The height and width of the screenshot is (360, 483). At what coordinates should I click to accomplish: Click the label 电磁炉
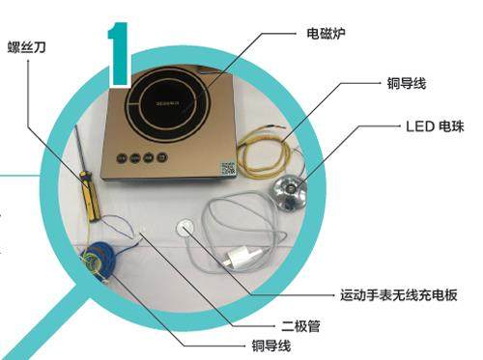pyautogui.click(x=326, y=34)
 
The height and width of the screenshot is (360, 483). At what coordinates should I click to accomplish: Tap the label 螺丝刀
pyautogui.click(x=26, y=47)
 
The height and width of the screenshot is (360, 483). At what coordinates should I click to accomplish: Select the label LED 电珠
pyautogui.click(x=435, y=126)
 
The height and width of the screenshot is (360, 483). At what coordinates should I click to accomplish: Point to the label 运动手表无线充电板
pyautogui.click(x=399, y=294)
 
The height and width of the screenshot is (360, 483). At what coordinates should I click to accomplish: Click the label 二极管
pyautogui.click(x=300, y=326)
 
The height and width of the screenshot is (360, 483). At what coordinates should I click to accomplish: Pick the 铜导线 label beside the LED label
pyautogui.click(x=407, y=83)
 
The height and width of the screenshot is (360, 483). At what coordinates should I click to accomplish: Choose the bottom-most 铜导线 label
pyautogui.click(x=271, y=346)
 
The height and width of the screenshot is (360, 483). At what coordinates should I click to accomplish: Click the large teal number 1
pyautogui.click(x=119, y=54)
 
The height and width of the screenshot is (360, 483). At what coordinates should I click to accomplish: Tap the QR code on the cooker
pyautogui.click(x=228, y=169)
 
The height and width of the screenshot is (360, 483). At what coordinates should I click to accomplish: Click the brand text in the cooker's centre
pyautogui.click(x=167, y=103)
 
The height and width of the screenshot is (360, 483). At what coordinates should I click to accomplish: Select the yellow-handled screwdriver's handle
pyautogui.click(x=90, y=197)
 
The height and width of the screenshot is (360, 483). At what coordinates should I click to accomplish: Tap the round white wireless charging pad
pyautogui.click(x=185, y=227)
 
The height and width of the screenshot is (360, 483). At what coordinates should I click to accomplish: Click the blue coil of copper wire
pyautogui.click(x=98, y=258)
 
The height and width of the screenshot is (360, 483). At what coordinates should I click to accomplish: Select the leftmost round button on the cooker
pyautogui.click(x=122, y=158)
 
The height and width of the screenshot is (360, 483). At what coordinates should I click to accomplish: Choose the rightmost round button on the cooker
pyautogui.click(x=162, y=157)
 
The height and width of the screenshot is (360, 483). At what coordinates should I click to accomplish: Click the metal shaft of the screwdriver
pyautogui.click(x=79, y=149)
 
